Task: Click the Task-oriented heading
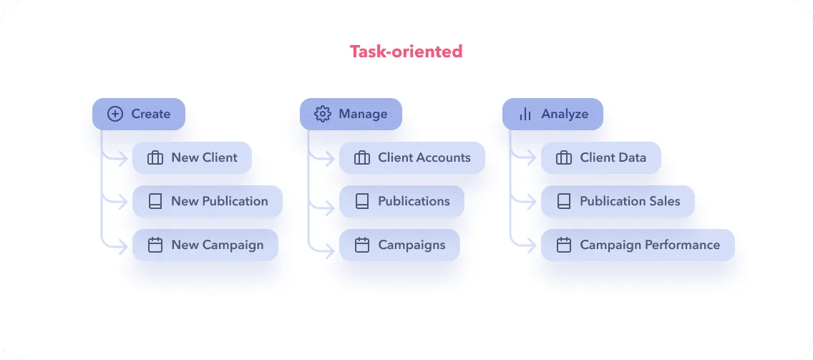[x=406, y=52]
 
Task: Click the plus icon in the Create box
[x=115, y=114]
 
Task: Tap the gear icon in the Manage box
[x=322, y=114]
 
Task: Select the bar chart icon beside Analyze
[x=525, y=114]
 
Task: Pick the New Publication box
[x=207, y=202]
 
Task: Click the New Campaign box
[x=205, y=245]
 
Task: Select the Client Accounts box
[x=412, y=158]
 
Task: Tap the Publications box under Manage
[x=401, y=202]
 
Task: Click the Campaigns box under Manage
[x=399, y=245]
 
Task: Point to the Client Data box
[x=600, y=158]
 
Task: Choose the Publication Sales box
[x=617, y=202]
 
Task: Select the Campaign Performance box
[x=637, y=245]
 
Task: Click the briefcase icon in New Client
[x=155, y=158]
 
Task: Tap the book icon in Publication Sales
[x=564, y=202]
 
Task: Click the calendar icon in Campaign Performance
[x=564, y=245]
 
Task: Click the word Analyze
[x=565, y=114]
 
